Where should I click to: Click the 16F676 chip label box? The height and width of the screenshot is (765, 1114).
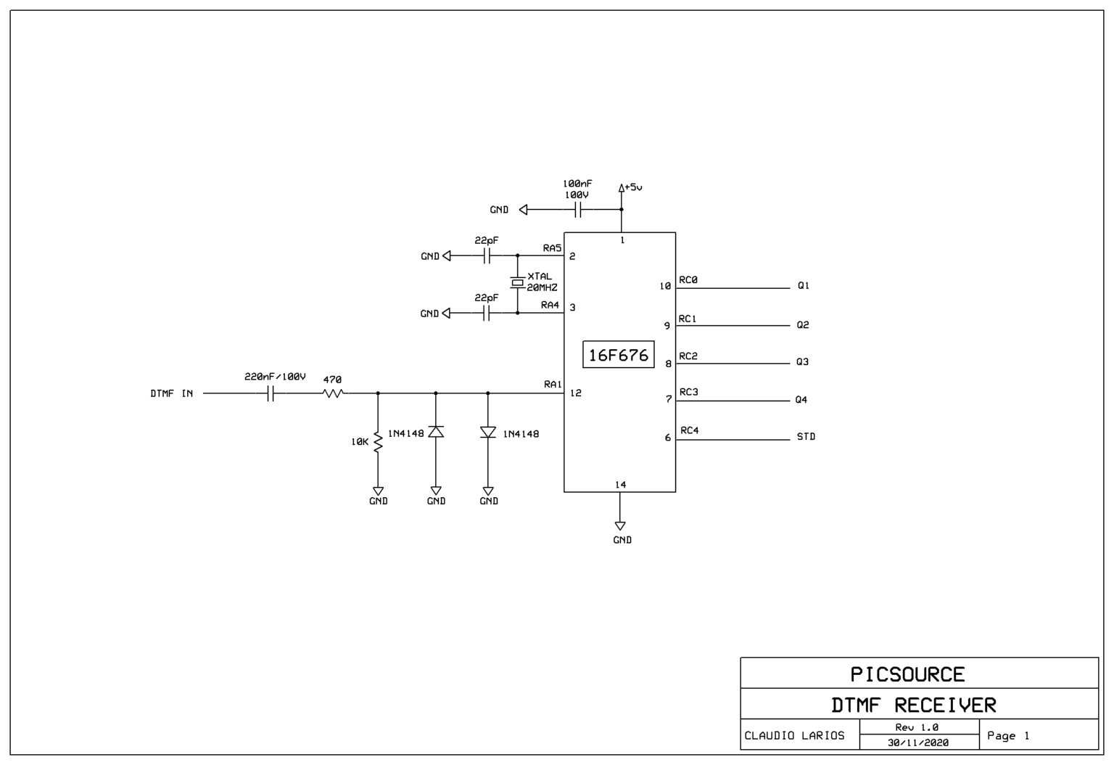618,355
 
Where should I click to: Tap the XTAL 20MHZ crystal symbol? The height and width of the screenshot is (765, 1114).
517,283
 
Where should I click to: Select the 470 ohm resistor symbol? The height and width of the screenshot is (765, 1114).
333,393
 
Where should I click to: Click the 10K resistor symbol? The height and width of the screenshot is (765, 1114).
378,442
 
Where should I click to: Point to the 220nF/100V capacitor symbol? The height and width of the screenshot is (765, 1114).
270,393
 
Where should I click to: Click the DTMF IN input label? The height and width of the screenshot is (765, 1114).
171,393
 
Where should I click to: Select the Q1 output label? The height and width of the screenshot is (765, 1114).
803,286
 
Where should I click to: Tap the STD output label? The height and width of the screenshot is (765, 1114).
806,437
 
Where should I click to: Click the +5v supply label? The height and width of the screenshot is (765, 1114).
632,187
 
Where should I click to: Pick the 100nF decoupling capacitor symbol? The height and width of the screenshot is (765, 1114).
578,210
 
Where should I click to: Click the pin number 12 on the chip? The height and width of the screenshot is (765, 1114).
576,393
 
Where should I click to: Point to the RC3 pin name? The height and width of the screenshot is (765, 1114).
688,392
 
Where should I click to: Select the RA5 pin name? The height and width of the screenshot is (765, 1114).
552,248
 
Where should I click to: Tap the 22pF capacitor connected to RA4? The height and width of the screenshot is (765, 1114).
487,313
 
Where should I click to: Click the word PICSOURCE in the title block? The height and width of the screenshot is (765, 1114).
907,674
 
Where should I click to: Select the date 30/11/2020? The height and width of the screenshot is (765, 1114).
917,742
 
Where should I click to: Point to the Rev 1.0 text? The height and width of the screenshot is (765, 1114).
917,727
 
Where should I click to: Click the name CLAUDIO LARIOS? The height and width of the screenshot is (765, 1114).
794,735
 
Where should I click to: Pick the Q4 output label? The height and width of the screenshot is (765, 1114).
801,400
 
